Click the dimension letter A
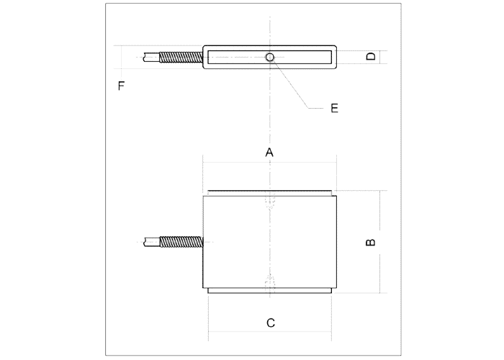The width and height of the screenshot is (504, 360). (269, 152)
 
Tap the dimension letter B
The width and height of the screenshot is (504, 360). (371, 242)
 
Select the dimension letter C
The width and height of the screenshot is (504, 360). (271, 323)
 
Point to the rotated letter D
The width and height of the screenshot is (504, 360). (371, 57)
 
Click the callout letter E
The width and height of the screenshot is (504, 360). (334, 108)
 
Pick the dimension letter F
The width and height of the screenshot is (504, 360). (121, 86)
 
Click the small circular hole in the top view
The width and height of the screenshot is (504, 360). (270, 57)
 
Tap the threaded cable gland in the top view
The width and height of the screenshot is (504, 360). (181, 58)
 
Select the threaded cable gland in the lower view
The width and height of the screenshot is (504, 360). (181, 242)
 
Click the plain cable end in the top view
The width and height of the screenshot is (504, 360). (151, 57)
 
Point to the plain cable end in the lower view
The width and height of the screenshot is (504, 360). (152, 242)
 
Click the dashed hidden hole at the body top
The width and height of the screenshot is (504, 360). (270, 201)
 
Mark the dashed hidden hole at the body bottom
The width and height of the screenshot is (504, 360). (270, 284)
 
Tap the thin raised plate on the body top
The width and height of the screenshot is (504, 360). (270, 193)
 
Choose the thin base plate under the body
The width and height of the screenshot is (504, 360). (270, 291)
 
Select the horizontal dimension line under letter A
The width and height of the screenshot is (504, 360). (270, 163)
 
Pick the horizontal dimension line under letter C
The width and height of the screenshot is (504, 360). (270, 332)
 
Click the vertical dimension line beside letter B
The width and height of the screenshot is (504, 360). (380, 242)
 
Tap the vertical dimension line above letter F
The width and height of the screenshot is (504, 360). (122, 57)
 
